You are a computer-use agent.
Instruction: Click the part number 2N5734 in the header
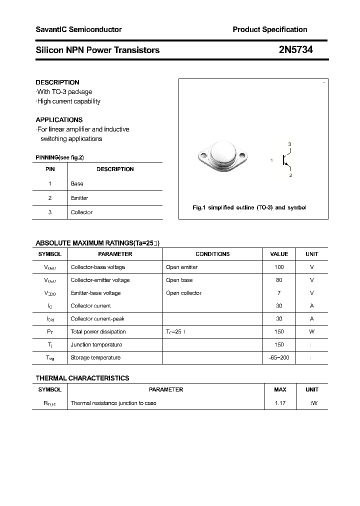295,50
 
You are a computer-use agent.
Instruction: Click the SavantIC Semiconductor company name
78,29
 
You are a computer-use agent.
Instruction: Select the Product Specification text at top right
269,29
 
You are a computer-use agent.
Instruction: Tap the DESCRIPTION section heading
57,82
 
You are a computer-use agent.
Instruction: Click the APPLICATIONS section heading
59,120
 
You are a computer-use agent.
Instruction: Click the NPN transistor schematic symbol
286,160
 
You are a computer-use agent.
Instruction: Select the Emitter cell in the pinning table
79,198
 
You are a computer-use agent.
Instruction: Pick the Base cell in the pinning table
77,183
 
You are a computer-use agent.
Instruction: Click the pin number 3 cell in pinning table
50,212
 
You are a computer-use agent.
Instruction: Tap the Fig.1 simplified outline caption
249,207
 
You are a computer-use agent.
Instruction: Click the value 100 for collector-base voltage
279,267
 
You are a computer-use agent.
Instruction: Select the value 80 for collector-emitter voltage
279,280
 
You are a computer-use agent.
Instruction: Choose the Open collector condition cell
183,293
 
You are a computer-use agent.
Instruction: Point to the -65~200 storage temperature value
279,357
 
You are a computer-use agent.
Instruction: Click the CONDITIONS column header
212,254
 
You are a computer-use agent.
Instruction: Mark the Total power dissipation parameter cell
98,331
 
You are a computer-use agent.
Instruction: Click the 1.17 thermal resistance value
280,403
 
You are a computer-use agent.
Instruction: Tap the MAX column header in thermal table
280,389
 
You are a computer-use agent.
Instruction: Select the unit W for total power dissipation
311,331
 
